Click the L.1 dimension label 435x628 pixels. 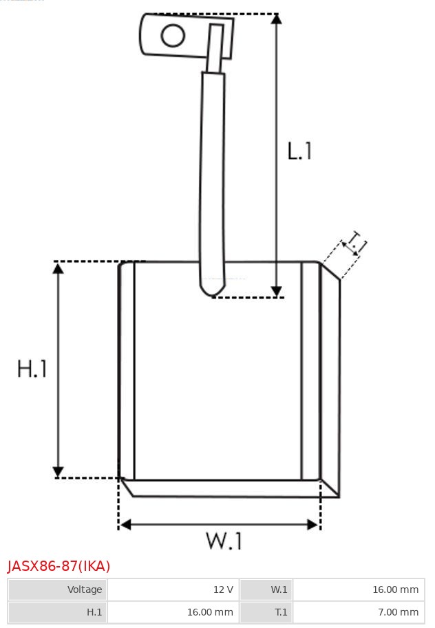point(299,151)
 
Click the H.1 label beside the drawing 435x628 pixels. point(32,369)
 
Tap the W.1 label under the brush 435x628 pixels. point(224,541)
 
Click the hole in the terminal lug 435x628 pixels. point(173,36)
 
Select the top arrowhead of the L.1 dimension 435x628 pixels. point(276,19)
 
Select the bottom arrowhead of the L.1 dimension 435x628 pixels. point(276,292)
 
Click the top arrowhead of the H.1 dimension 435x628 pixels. point(59,268)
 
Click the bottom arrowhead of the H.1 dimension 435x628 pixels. point(59,472)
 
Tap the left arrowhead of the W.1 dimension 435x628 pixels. point(125,524)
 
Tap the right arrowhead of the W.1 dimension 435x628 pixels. point(313,524)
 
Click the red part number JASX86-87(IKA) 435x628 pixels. point(59,566)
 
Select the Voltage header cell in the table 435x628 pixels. point(58,589)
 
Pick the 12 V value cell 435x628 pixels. point(173,589)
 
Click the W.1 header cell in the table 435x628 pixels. point(266,589)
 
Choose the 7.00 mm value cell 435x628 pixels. point(359,611)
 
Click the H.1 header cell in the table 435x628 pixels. point(58,611)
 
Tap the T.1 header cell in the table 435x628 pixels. point(266,611)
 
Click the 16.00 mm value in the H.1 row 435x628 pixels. point(173,611)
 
